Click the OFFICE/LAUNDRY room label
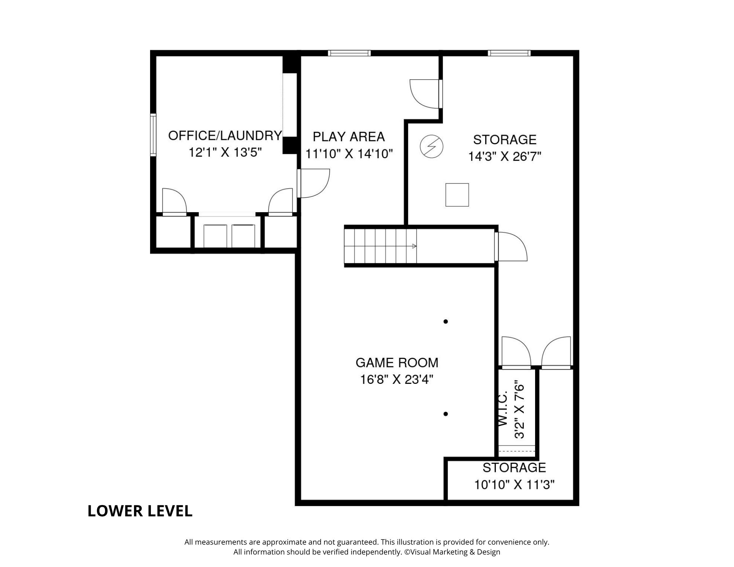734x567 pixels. tap(225, 135)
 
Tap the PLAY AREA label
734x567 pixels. tap(349, 137)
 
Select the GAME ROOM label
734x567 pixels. tap(397, 363)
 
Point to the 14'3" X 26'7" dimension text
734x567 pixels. tap(505, 157)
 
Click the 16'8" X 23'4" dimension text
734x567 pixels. tap(397, 379)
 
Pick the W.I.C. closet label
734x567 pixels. tap(502, 408)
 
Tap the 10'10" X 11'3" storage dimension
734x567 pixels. tap(514, 485)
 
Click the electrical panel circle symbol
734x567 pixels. tap(432, 147)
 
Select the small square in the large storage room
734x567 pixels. tap(457, 195)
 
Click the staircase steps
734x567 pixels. tap(380, 246)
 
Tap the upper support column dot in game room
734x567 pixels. tap(446, 321)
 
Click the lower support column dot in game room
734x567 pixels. tap(446, 414)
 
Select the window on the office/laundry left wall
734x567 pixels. tap(153, 135)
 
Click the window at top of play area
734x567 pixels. tap(349, 53)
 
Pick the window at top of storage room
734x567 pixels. tap(509, 53)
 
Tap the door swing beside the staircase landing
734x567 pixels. tap(511, 246)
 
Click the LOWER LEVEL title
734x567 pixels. tap(140, 511)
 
